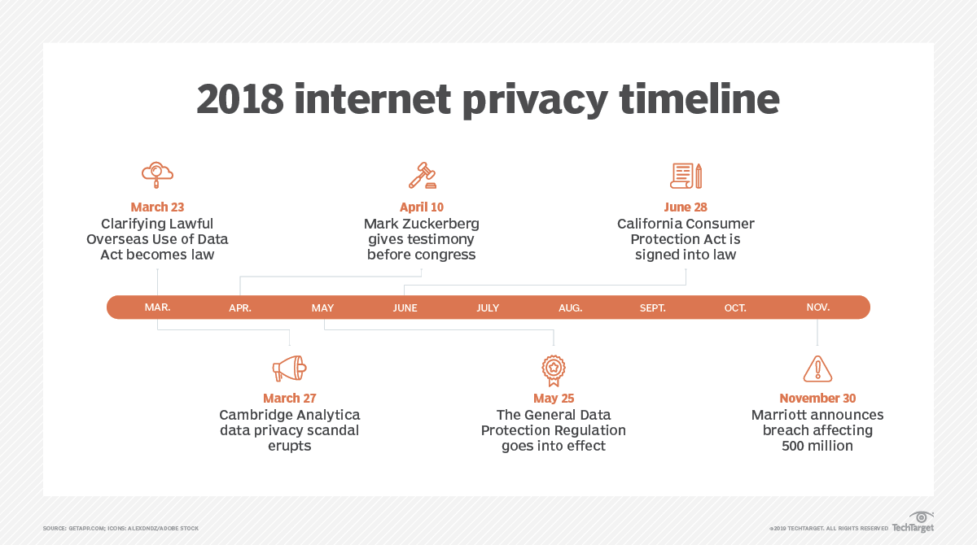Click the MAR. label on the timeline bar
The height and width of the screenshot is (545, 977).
(x=157, y=307)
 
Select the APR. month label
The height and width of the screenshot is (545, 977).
(x=240, y=307)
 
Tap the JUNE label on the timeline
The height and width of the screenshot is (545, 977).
(x=405, y=307)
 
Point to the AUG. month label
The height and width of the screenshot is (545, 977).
(x=570, y=307)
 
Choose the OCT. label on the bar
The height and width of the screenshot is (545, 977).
(x=735, y=307)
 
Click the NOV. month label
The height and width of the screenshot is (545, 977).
(x=818, y=307)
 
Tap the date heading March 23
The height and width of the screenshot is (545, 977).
(x=157, y=207)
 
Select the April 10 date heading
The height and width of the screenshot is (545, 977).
(x=422, y=207)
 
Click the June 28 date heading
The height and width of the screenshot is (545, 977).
(x=686, y=207)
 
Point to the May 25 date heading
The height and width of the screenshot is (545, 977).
(x=554, y=399)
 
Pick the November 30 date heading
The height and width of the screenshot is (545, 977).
(x=817, y=399)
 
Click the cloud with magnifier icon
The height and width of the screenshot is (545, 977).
(x=157, y=173)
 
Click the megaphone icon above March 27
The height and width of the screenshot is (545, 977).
(x=289, y=368)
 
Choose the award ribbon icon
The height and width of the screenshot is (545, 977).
(x=554, y=368)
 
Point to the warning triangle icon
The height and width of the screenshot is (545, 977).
(x=817, y=368)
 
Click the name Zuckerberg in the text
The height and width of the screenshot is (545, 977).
(x=445, y=224)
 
